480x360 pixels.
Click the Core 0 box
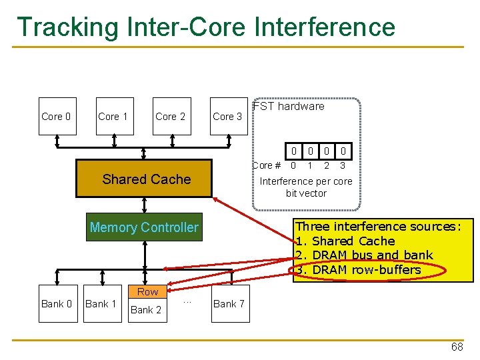click(57, 116)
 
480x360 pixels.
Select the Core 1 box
click(115, 116)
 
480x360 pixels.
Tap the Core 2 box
click(172, 116)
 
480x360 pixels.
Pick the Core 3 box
click(229, 116)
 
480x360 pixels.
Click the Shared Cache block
click(144, 178)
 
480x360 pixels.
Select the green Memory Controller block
click(144, 227)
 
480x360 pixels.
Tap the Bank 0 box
click(58, 304)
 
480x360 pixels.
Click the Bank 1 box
click(103, 304)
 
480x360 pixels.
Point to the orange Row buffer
click(147, 291)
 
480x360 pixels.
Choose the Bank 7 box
click(231, 304)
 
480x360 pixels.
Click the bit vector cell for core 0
click(293, 151)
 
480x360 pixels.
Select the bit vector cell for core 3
click(343, 151)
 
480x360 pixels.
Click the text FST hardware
click(289, 106)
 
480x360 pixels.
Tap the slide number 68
click(457, 347)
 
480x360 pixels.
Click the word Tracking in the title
click(67, 27)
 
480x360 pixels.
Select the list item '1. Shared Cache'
click(345, 241)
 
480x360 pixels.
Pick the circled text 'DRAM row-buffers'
click(367, 270)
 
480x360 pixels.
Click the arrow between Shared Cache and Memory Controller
click(145, 205)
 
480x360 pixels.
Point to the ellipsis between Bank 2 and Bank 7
click(187, 303)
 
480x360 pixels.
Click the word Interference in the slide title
click(325, 27)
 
